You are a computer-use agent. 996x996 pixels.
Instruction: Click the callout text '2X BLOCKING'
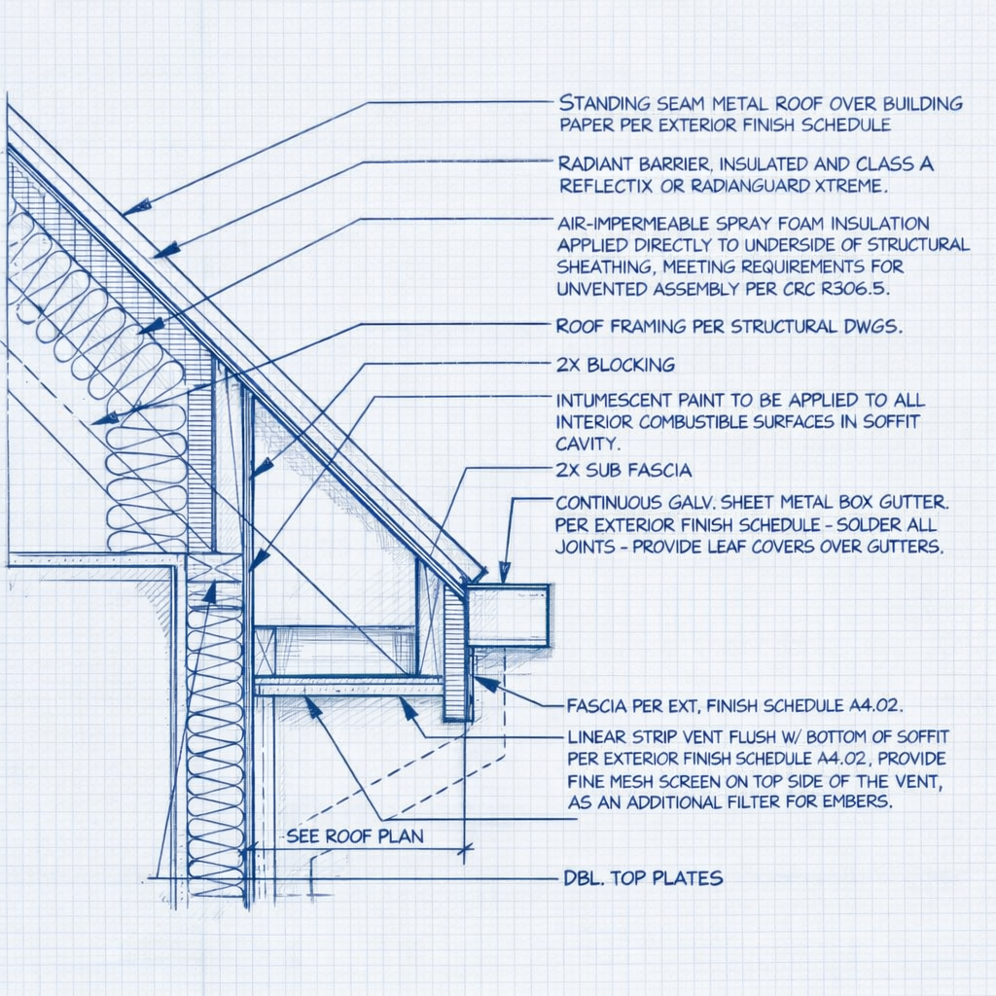[x=615, y=366]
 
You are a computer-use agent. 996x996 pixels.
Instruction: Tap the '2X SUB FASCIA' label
[x=623, y=471]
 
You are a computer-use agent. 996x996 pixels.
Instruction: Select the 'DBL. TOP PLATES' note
[x=644, y=878]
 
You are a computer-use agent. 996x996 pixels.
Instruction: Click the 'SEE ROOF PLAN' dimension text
[x=355, y=836]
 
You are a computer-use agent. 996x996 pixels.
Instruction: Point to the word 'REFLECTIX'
[x=604, y=185]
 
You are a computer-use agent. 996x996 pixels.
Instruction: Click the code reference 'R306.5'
[x=860, y=289]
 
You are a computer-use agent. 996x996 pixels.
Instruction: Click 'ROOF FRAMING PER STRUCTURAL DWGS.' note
[x=729, y=327]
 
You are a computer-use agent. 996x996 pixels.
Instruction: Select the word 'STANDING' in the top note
[x=605, y=103]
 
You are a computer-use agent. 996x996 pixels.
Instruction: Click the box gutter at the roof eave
[x=508, y=615]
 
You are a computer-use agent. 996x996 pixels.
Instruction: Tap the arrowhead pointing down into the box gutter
[x=504, y=575]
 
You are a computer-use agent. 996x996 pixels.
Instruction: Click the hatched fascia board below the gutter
[x=455, y=654]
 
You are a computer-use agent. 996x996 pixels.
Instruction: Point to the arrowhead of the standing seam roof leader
[x=137, y=206]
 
